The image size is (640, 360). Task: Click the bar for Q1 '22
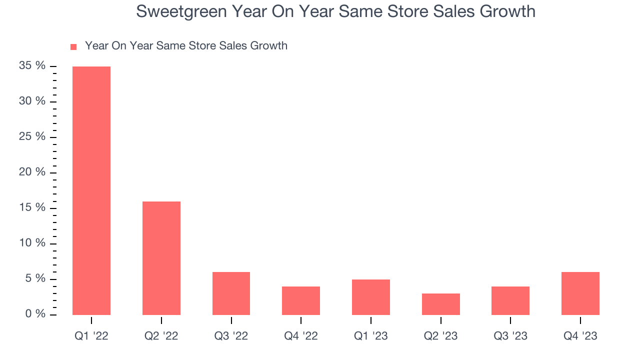click(91, 190)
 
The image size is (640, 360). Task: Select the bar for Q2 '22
click(161, 258)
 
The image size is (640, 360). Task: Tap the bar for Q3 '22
click(231, 293)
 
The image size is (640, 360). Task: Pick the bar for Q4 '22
click(301, 300)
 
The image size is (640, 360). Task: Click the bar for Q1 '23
click(370, 297)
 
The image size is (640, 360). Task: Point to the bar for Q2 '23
click(440, 304)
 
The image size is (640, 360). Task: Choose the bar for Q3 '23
click(510, 300)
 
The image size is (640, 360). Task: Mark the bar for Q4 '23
click(580, 293)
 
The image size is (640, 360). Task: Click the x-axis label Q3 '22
click(231, 336)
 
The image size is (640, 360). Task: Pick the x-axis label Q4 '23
click(580, 336)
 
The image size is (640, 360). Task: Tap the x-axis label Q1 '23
click(370, 336)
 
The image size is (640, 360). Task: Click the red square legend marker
click(73, 46)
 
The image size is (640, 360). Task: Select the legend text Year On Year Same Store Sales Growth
click(186, 46)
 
